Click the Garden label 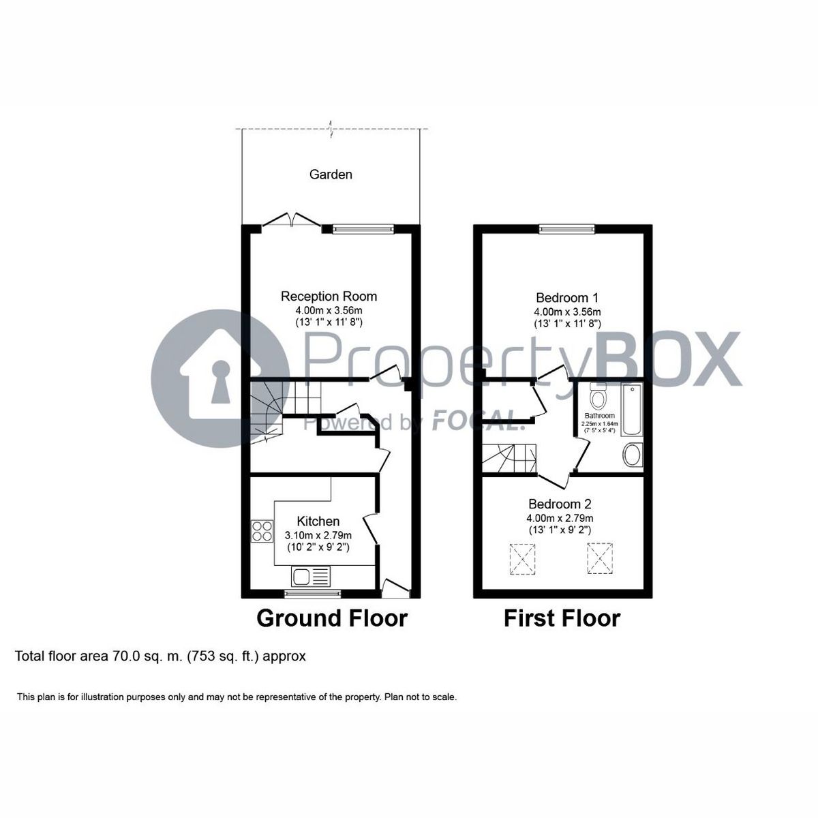coord(331,175)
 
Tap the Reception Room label coord(329,297)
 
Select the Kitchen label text coord(314,521)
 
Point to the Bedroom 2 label coord(560,504)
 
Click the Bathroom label coord(598,416)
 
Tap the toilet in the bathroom coord(598,397)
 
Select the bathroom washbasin coord(632,455)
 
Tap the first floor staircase coord(510,457)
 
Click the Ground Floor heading coord(331,618)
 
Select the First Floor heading coord(562,618)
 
